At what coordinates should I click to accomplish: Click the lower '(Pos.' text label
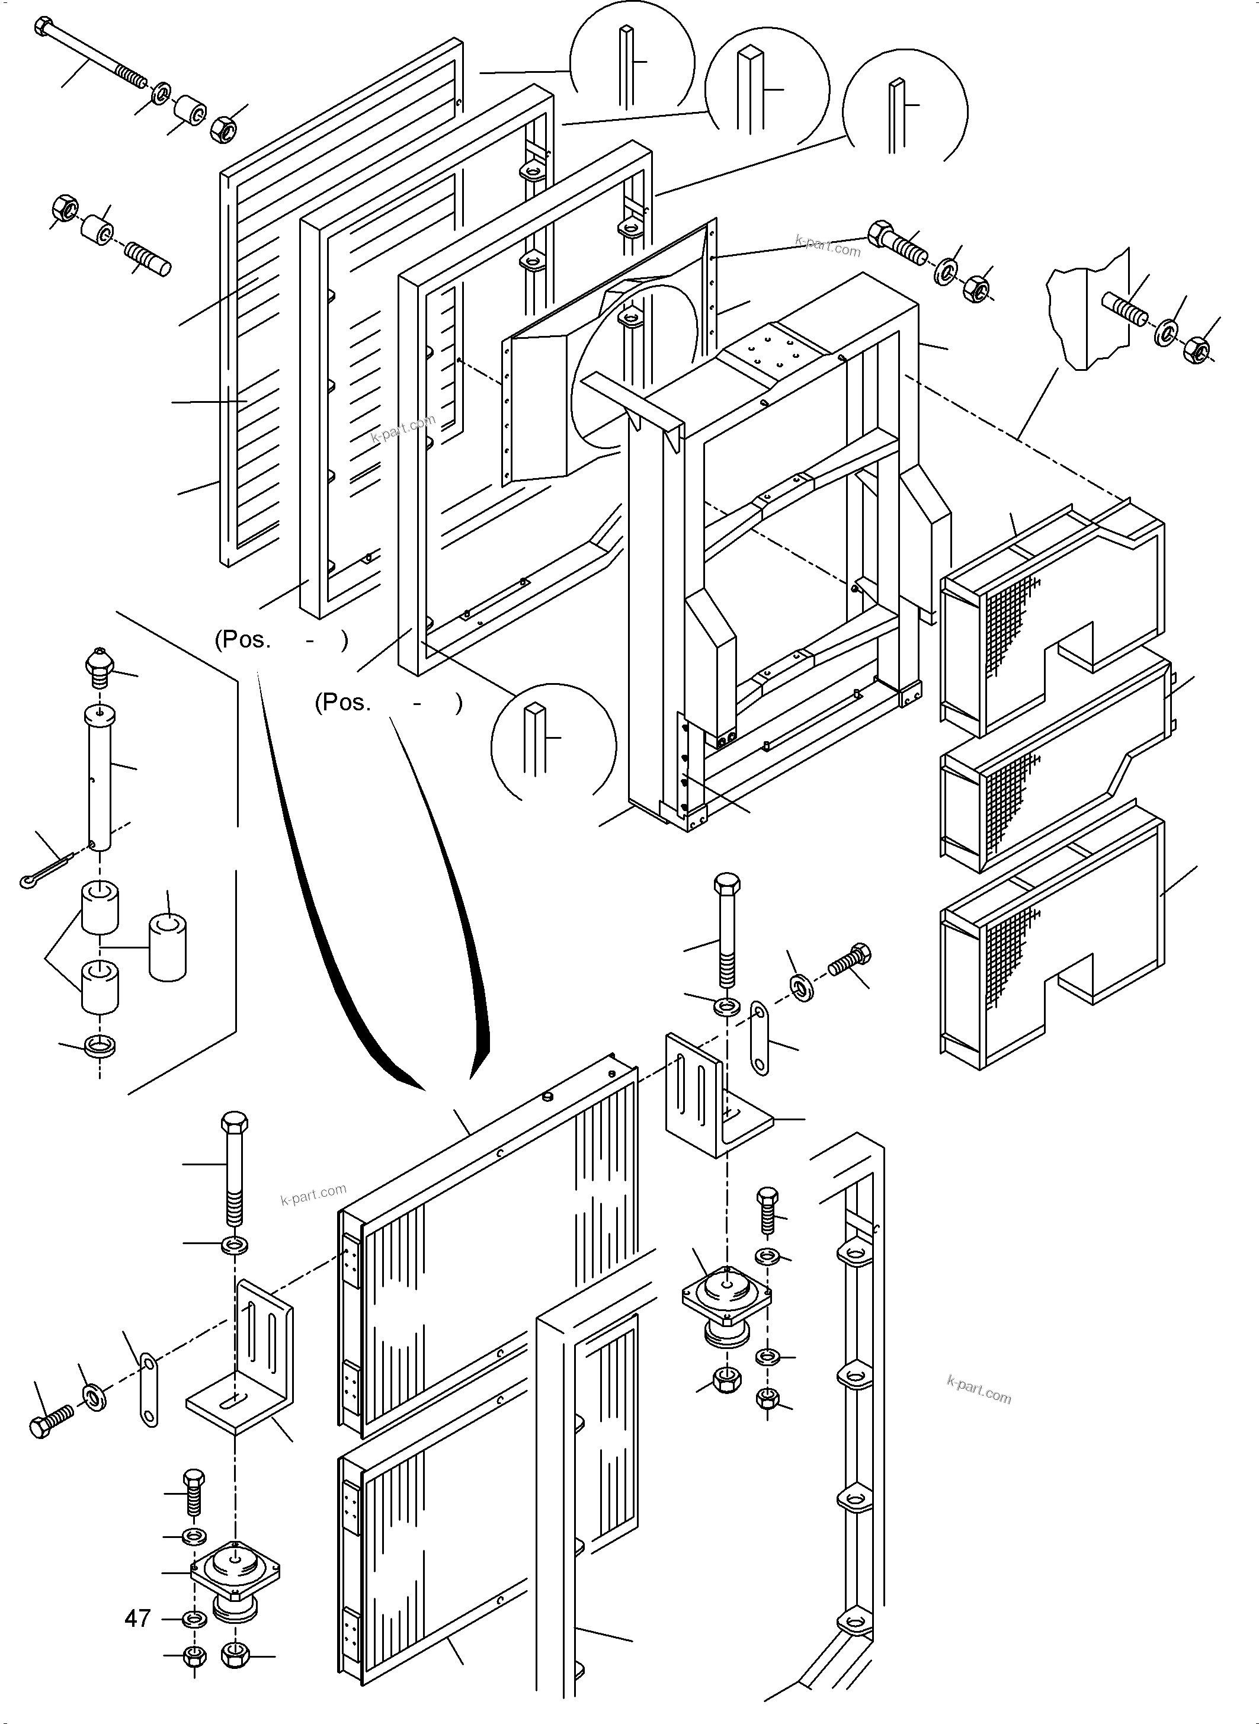(342, 703)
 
